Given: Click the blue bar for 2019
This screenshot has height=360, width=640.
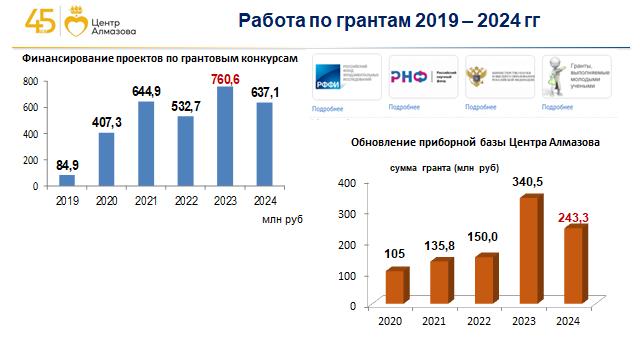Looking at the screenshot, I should coord(67,181).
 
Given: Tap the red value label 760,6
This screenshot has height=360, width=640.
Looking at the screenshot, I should coord(225,79).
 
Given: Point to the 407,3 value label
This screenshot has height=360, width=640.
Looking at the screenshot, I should coord(106,124).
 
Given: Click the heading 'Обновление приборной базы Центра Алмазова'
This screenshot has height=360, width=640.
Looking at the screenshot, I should coord(475,143).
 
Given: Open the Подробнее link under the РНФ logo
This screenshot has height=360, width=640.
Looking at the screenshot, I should coord(403,106).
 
